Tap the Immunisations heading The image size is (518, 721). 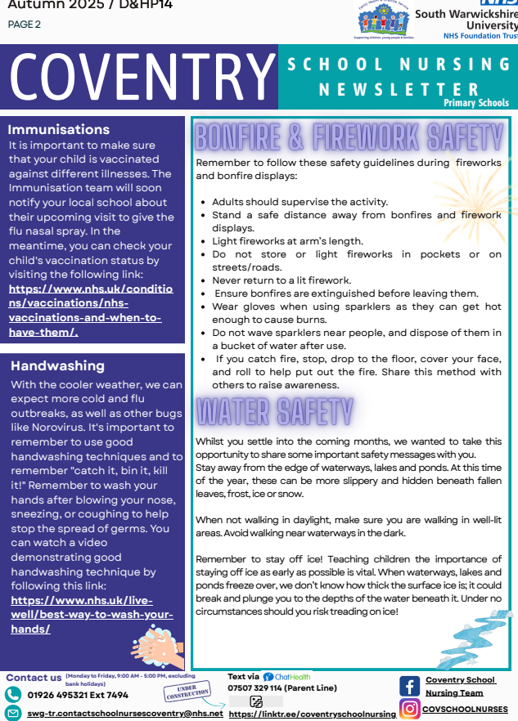(58, 129)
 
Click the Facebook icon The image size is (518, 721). (410, 685)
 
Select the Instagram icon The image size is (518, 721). (410, 708)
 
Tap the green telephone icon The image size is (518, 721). (12, 694)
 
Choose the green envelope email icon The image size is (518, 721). (12, 713)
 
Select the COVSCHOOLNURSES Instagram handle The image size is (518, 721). (465, 709)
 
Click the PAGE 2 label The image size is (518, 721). (24, 24)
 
